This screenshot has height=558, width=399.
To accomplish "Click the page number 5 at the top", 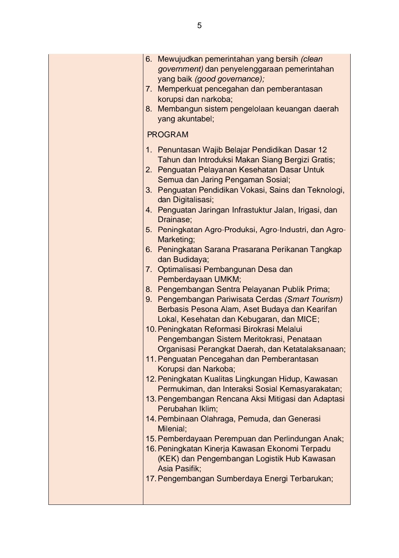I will pyautogui.click(x=199, y=25).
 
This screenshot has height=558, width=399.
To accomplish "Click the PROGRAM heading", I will pyautogui.click(x=168, y=135).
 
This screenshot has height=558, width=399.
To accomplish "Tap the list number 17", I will pyautogui.click(x=150, y=479).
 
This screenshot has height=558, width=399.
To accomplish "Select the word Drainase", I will pyautogui.click(x=174, y=220).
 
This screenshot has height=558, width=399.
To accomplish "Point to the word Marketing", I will pyautogui.click(x=175, y=240).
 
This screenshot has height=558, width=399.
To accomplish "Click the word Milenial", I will pyautogui.click(x=171, y=429).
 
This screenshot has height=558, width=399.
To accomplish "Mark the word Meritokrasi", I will pyautogui.click(x=260, y=339).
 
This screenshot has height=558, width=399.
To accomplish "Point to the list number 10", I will pyautogui.click(x=150, y=329).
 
